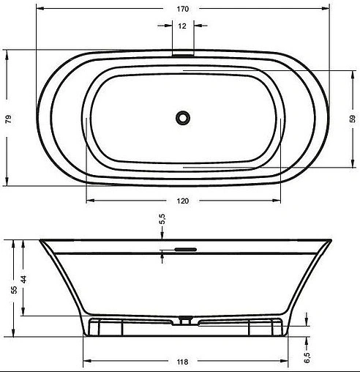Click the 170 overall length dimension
point(181,10)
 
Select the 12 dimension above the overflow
point(181,26)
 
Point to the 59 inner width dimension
point(351,118)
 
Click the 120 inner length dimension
point(183,201)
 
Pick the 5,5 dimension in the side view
point(162,219)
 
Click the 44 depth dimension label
point(23,279)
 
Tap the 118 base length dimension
point(183,362)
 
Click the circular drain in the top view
point(182,116)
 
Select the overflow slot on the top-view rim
point(182,53)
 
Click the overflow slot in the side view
point(182,249)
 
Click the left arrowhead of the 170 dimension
point(38,10)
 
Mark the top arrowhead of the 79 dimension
point(8,52)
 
